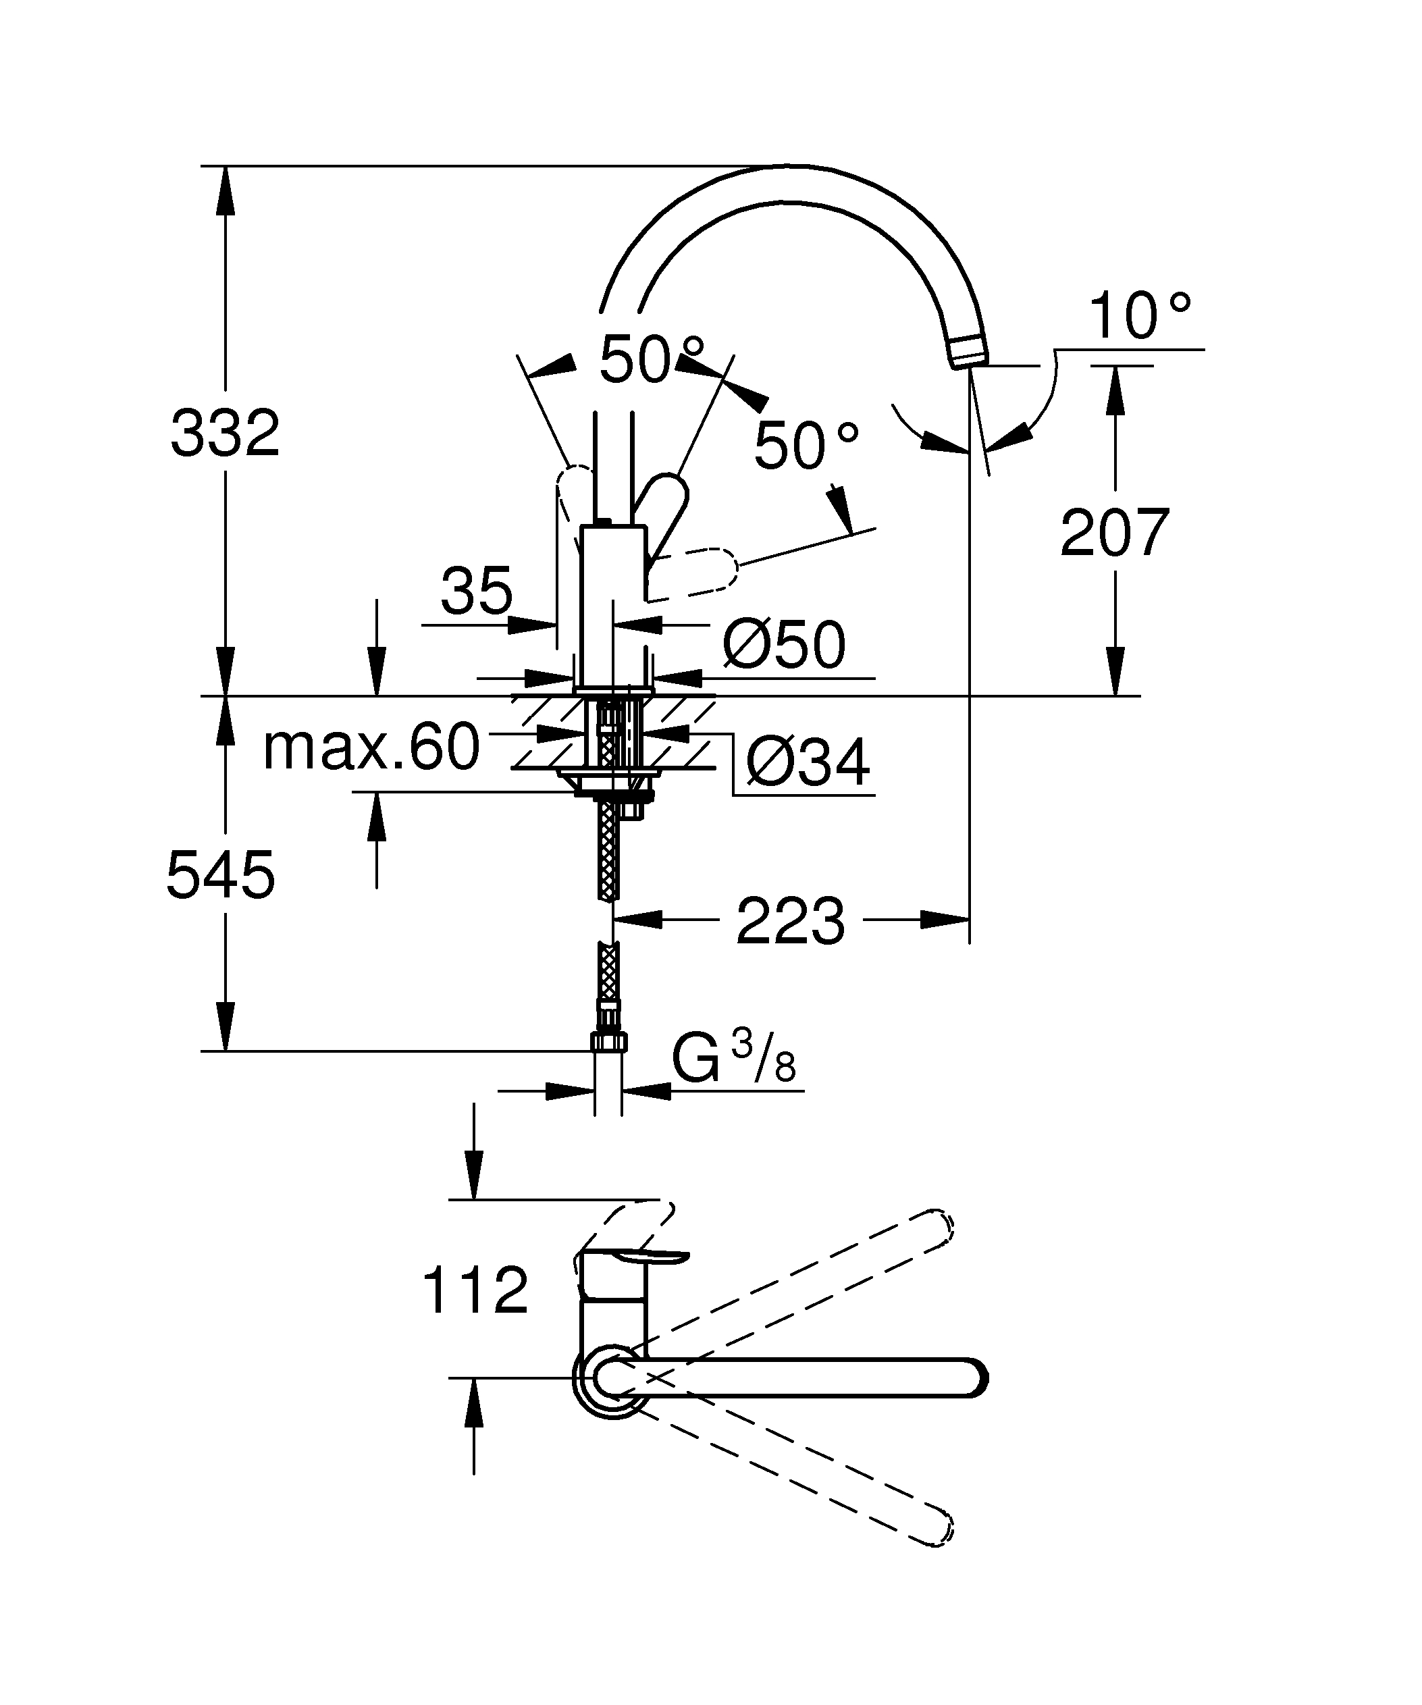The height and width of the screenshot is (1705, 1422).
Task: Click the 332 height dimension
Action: (x=225, y=434)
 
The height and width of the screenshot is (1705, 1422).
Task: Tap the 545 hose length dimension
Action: (x=221, y=875)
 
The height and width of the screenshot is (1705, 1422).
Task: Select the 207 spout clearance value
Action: (x=1114, y=533)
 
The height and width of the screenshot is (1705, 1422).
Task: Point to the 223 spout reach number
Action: (x=790, y=922)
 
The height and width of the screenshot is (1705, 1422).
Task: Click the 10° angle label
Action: (x=1138, y=317)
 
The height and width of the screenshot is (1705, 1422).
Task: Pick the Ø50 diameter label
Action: (x=784, y=645)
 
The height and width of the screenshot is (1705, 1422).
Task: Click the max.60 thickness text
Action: (x=371, y=747)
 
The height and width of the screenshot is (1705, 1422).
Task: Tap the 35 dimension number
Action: (x=477, y=591)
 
